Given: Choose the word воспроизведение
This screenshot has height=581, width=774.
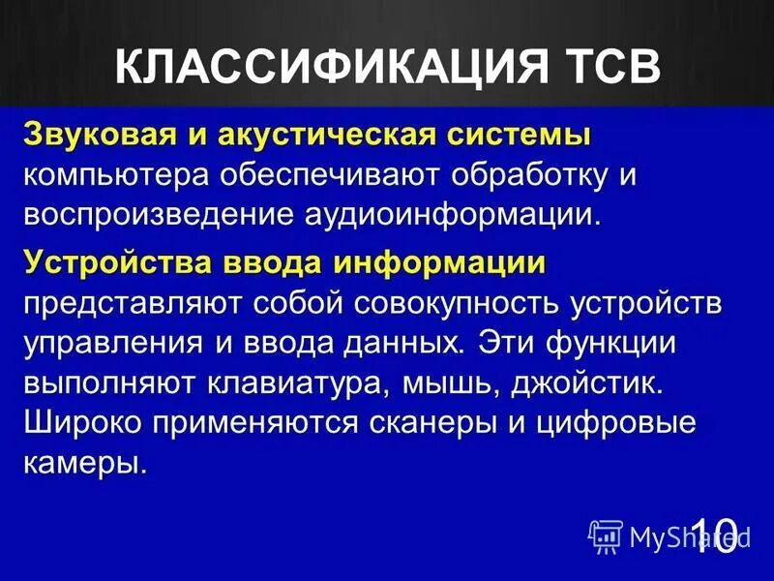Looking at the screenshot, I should click(140, 215).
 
